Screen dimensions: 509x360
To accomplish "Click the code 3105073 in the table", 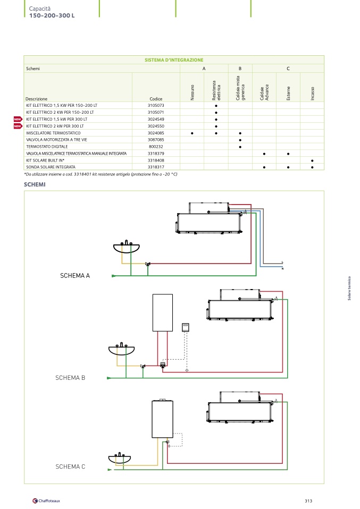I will [x=156, y=106].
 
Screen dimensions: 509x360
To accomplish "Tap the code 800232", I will [x=156, y=146].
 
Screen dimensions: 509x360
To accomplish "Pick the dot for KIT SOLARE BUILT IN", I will [x=312, y=160].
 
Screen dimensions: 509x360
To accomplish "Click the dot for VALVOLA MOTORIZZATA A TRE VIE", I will [x=240, y=140].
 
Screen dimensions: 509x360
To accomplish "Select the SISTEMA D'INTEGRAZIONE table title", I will [x=174, y=60].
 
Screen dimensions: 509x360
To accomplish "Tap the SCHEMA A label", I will [x=75, y=276].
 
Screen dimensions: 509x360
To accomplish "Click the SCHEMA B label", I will [x=70, y=378].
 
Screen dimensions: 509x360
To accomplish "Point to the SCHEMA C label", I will [x=70, y=466].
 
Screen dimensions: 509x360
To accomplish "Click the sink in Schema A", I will [x=127, y=247].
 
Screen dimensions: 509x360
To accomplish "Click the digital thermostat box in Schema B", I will [x=186, y=327].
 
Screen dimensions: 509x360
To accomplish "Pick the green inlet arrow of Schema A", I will [x=114, y=276].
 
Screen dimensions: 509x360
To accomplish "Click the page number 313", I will [x=308, y=500].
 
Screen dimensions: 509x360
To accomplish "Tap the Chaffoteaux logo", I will [x=47, y=500].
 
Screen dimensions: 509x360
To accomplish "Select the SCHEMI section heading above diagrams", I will [x=35, y=184].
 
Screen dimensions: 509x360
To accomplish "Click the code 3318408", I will [x=156, y=160].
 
